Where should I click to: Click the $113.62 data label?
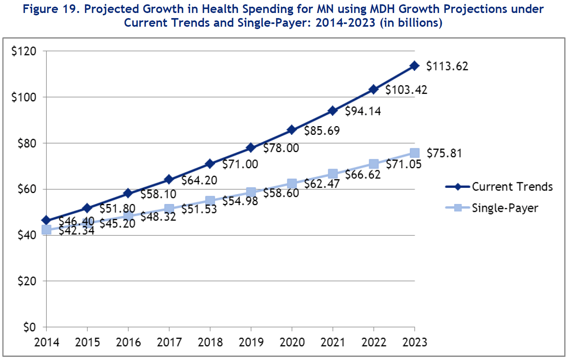[447, 66]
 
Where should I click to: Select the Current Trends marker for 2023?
[414, 66]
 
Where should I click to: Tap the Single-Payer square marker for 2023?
[415, 153]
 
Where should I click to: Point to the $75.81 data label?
[444, 153]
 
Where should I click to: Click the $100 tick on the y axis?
[24, 97]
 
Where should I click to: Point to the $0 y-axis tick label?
[29, 327]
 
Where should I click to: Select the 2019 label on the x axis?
[251, 342]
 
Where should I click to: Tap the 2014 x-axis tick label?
[47, 342]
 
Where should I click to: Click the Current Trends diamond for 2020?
[292, 130]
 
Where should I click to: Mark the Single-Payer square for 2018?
[210, 201]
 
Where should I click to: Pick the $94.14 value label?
[363, 111]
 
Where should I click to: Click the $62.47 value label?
[322, 184]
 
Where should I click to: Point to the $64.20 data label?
[199, 180]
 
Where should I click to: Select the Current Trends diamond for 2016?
[128, 193]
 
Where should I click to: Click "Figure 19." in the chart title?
[51, 9]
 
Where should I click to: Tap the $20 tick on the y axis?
[27, 281]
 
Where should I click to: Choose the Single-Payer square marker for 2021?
[333, 174]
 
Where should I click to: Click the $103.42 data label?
[406, 90]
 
